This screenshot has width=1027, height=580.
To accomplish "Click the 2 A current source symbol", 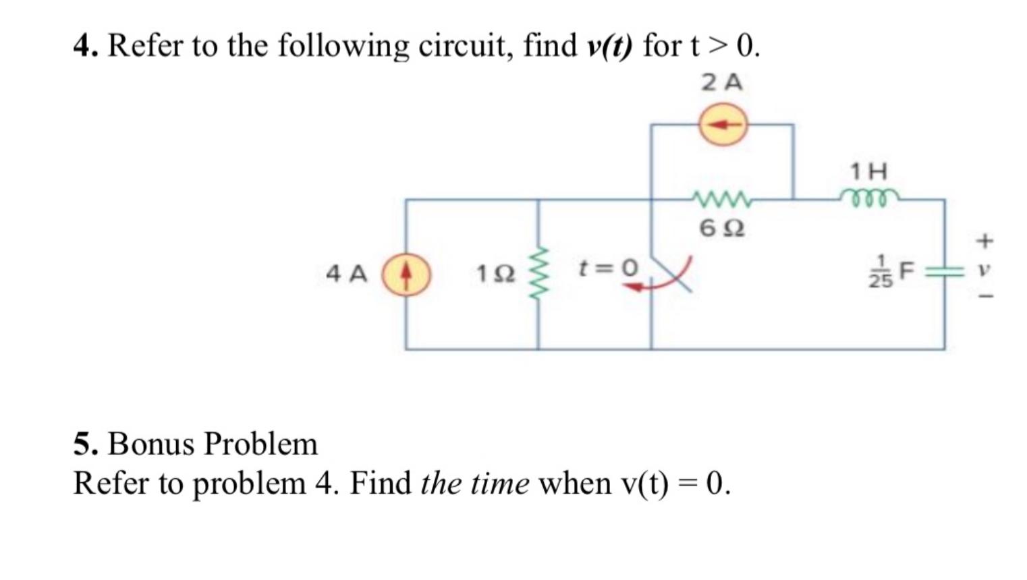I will [x=722, y=125].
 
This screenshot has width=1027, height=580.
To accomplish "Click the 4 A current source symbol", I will [x=406, y=274].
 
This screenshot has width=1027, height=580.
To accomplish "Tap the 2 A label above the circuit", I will [x=722, y=83].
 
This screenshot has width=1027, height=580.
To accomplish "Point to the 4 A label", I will [x=347, y=274].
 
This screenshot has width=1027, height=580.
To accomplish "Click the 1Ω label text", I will [x=496, y=274].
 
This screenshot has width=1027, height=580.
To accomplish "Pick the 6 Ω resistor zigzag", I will [x=721, y=199].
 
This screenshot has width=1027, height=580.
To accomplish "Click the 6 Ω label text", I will [x=722, y=229].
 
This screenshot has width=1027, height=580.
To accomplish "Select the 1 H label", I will [x=869, y=171].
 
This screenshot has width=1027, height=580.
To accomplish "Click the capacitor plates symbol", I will [x=943, y=273].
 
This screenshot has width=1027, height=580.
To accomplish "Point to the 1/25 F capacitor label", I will [x=890, y=272].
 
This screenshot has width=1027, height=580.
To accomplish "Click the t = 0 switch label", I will [x=608, y=268].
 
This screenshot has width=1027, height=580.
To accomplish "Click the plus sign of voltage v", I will [x=986, y=239].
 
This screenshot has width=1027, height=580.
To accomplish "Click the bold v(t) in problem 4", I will [x=609, y=47].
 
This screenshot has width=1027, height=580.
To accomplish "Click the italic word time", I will [x=500, y=484].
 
